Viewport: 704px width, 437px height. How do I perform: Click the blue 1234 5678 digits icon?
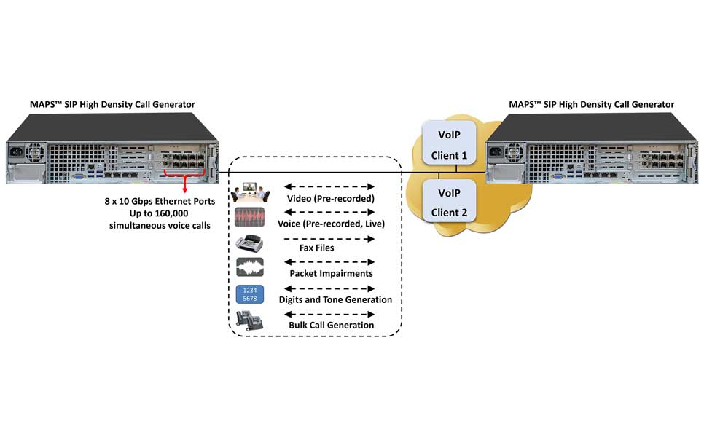pos(249,296)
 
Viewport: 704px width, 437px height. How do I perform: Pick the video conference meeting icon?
pos(249,193)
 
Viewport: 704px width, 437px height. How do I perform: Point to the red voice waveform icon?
pos(249,218)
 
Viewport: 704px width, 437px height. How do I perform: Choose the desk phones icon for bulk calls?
pos(249,321)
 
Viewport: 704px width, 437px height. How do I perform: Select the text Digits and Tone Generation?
pos(335,299)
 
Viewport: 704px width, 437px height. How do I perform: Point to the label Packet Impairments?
pos(331,274)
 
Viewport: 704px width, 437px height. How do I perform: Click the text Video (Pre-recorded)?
pos(331,198)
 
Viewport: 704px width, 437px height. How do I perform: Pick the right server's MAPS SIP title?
pos(591,105)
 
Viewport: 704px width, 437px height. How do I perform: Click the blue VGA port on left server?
pos(77,176)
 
